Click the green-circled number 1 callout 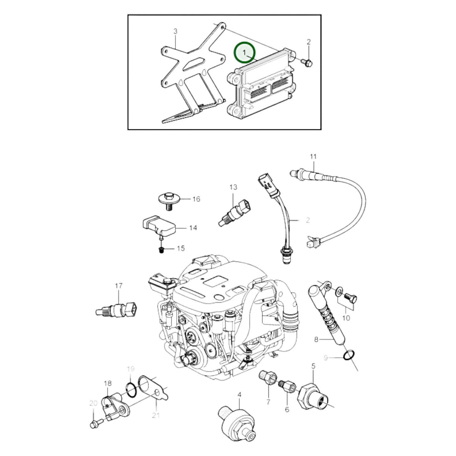click(245, 52)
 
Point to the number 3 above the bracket click(175, 31)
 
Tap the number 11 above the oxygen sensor click(313, 157)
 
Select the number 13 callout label click(233, 187)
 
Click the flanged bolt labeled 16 click(169, 201)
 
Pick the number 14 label click(193, 228)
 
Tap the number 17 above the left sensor click(119, 286)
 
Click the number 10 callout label click(346, 318)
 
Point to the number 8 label click(317, 340)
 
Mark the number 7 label click(268, 402)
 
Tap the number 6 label click(287, 409)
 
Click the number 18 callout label click(108, 390)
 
